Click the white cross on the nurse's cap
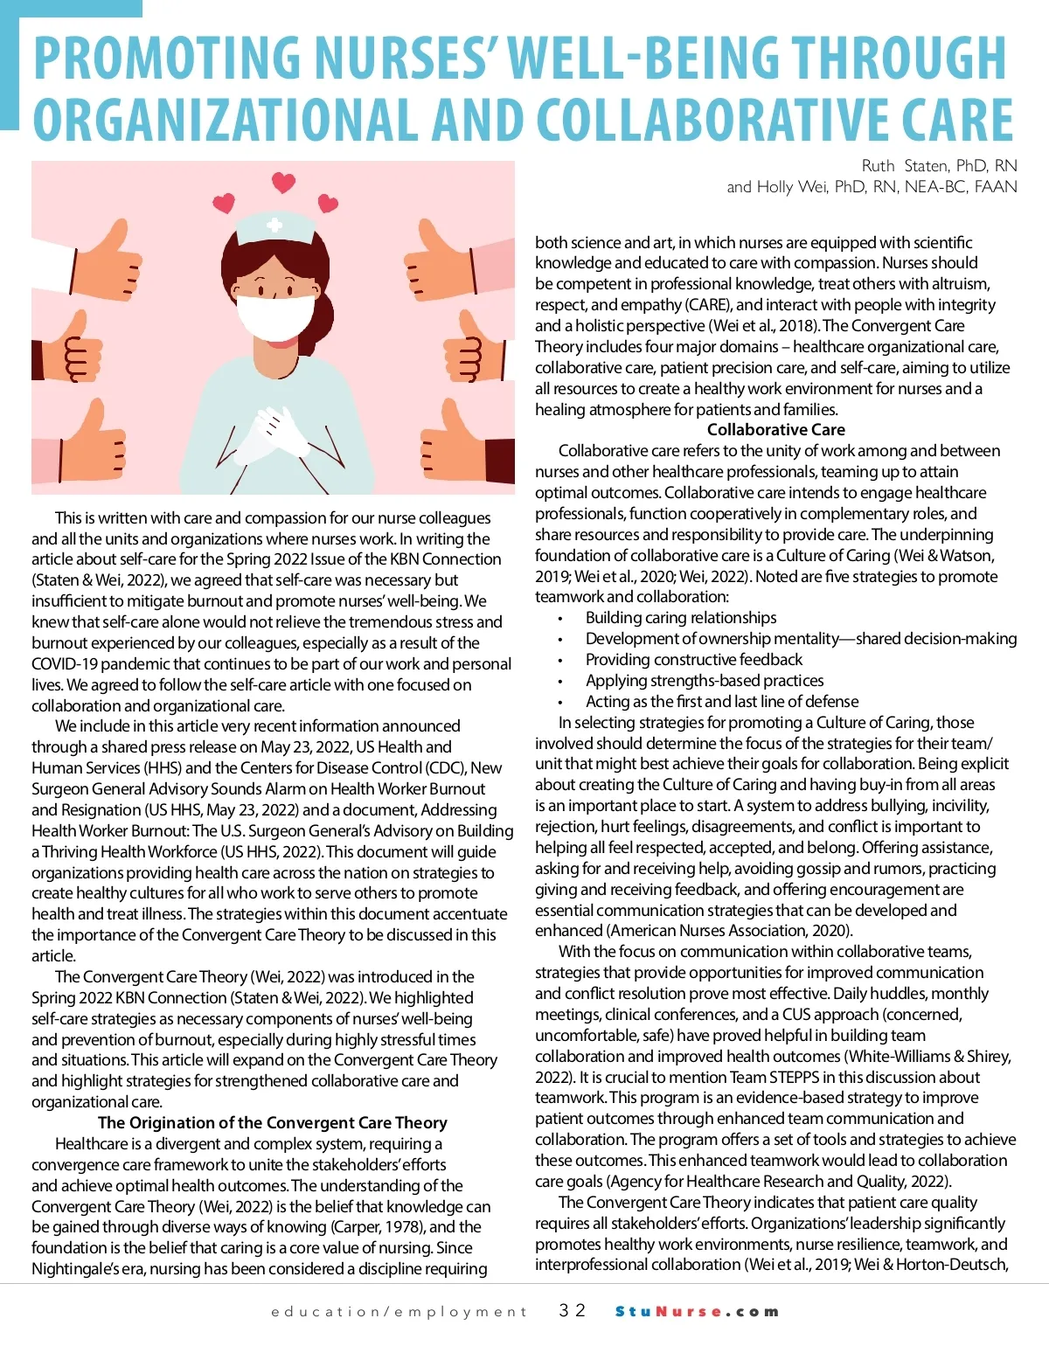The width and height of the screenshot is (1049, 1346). click(x=274, y=225)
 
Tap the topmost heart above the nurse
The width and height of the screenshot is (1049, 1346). click(x=283, y=183)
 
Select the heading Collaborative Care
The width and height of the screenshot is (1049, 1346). click(x=775, y=430)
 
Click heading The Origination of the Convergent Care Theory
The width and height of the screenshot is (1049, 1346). click(x=272, y=1123)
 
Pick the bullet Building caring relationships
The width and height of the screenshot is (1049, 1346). click(x=680, y=618)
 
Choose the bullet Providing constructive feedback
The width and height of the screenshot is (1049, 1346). click(x=693, y=660)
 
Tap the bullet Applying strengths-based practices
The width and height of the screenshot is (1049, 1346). click(x=704, y=681)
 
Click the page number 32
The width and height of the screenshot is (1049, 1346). click(x=572, y=1311)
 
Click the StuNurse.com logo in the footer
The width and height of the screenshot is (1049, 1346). click(x=696, y=1312)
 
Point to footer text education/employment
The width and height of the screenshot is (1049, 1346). click(x=399, y=1312)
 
